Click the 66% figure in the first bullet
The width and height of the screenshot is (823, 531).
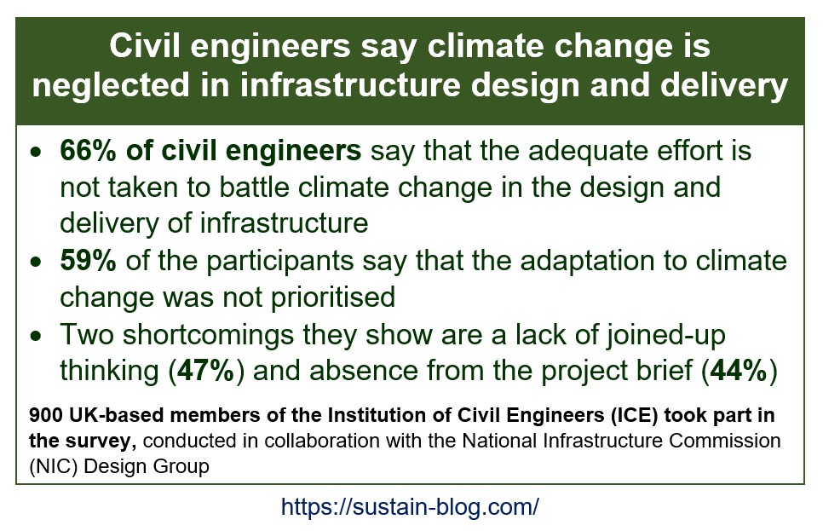[88, 151]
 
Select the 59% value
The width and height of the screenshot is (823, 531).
[88, 261]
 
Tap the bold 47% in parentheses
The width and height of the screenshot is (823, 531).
[206, 371]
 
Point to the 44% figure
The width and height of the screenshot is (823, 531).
[739, 371]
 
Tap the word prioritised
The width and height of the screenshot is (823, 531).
[333, 297]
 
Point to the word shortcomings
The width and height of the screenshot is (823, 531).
[208, 335]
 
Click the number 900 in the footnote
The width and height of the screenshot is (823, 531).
[46, 415]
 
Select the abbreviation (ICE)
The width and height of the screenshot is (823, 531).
[635, 415]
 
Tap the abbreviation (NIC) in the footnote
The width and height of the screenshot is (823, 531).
[54, 466]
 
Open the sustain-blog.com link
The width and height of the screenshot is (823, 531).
[410, 507]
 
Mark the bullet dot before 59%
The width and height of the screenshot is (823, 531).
[35, 262]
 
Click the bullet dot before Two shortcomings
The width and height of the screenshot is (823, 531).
[35, 336]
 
